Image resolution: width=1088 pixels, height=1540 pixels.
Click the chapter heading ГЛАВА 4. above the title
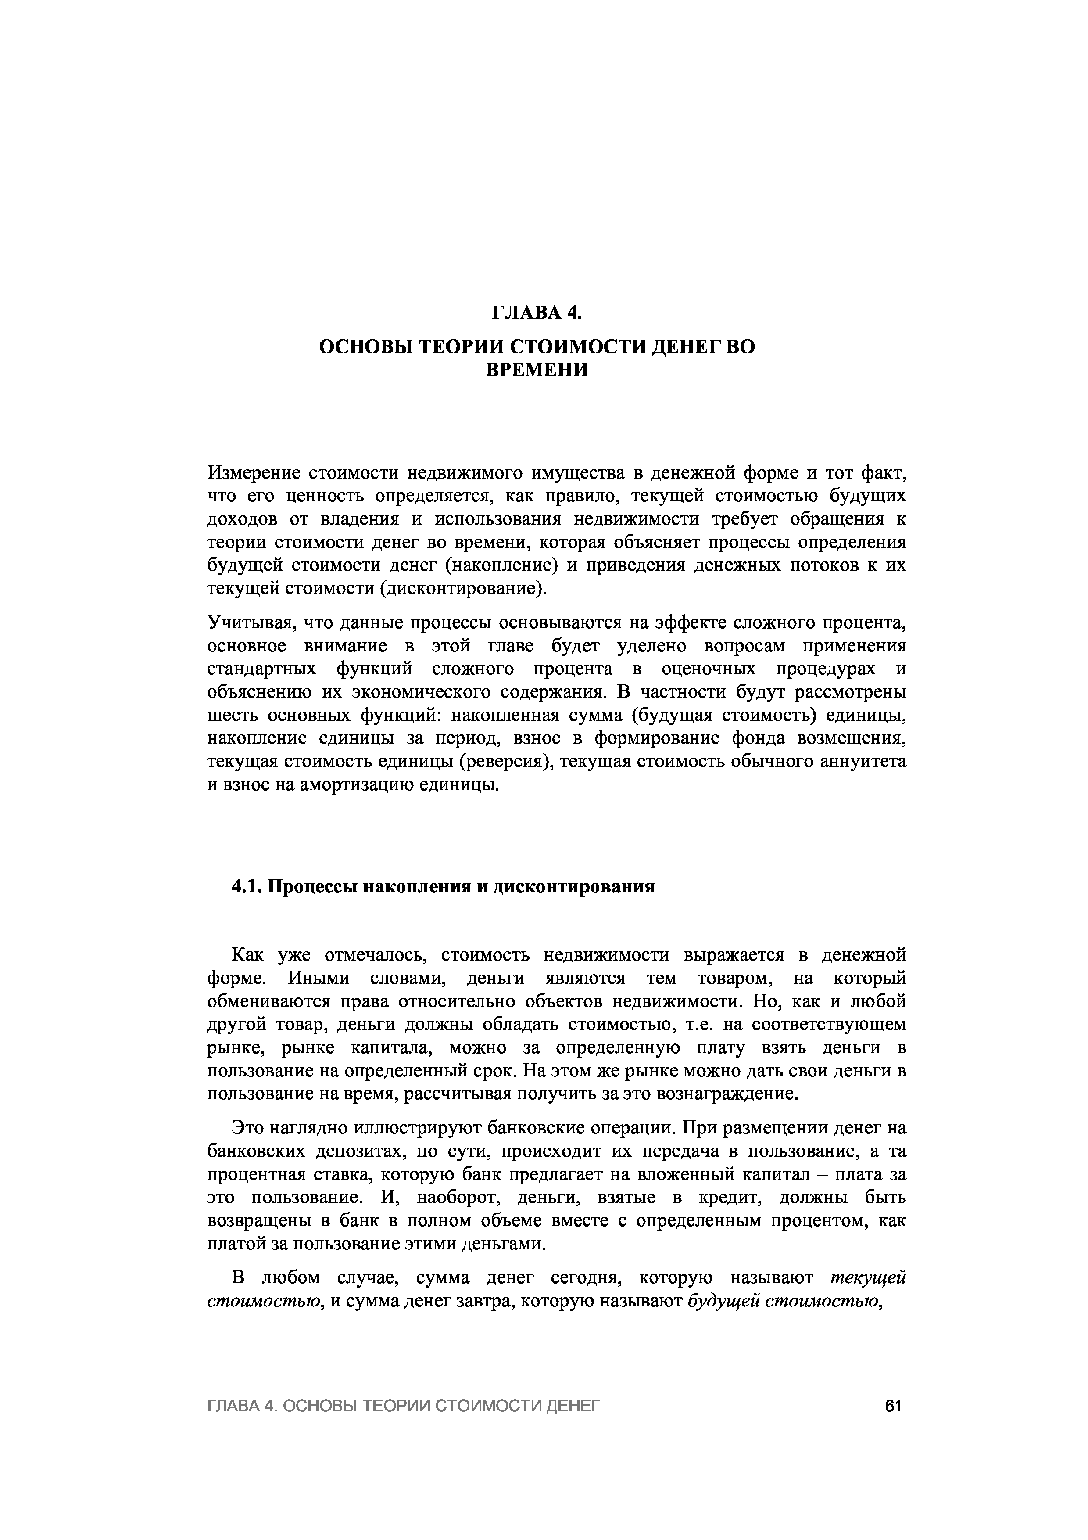pos(536,313)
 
